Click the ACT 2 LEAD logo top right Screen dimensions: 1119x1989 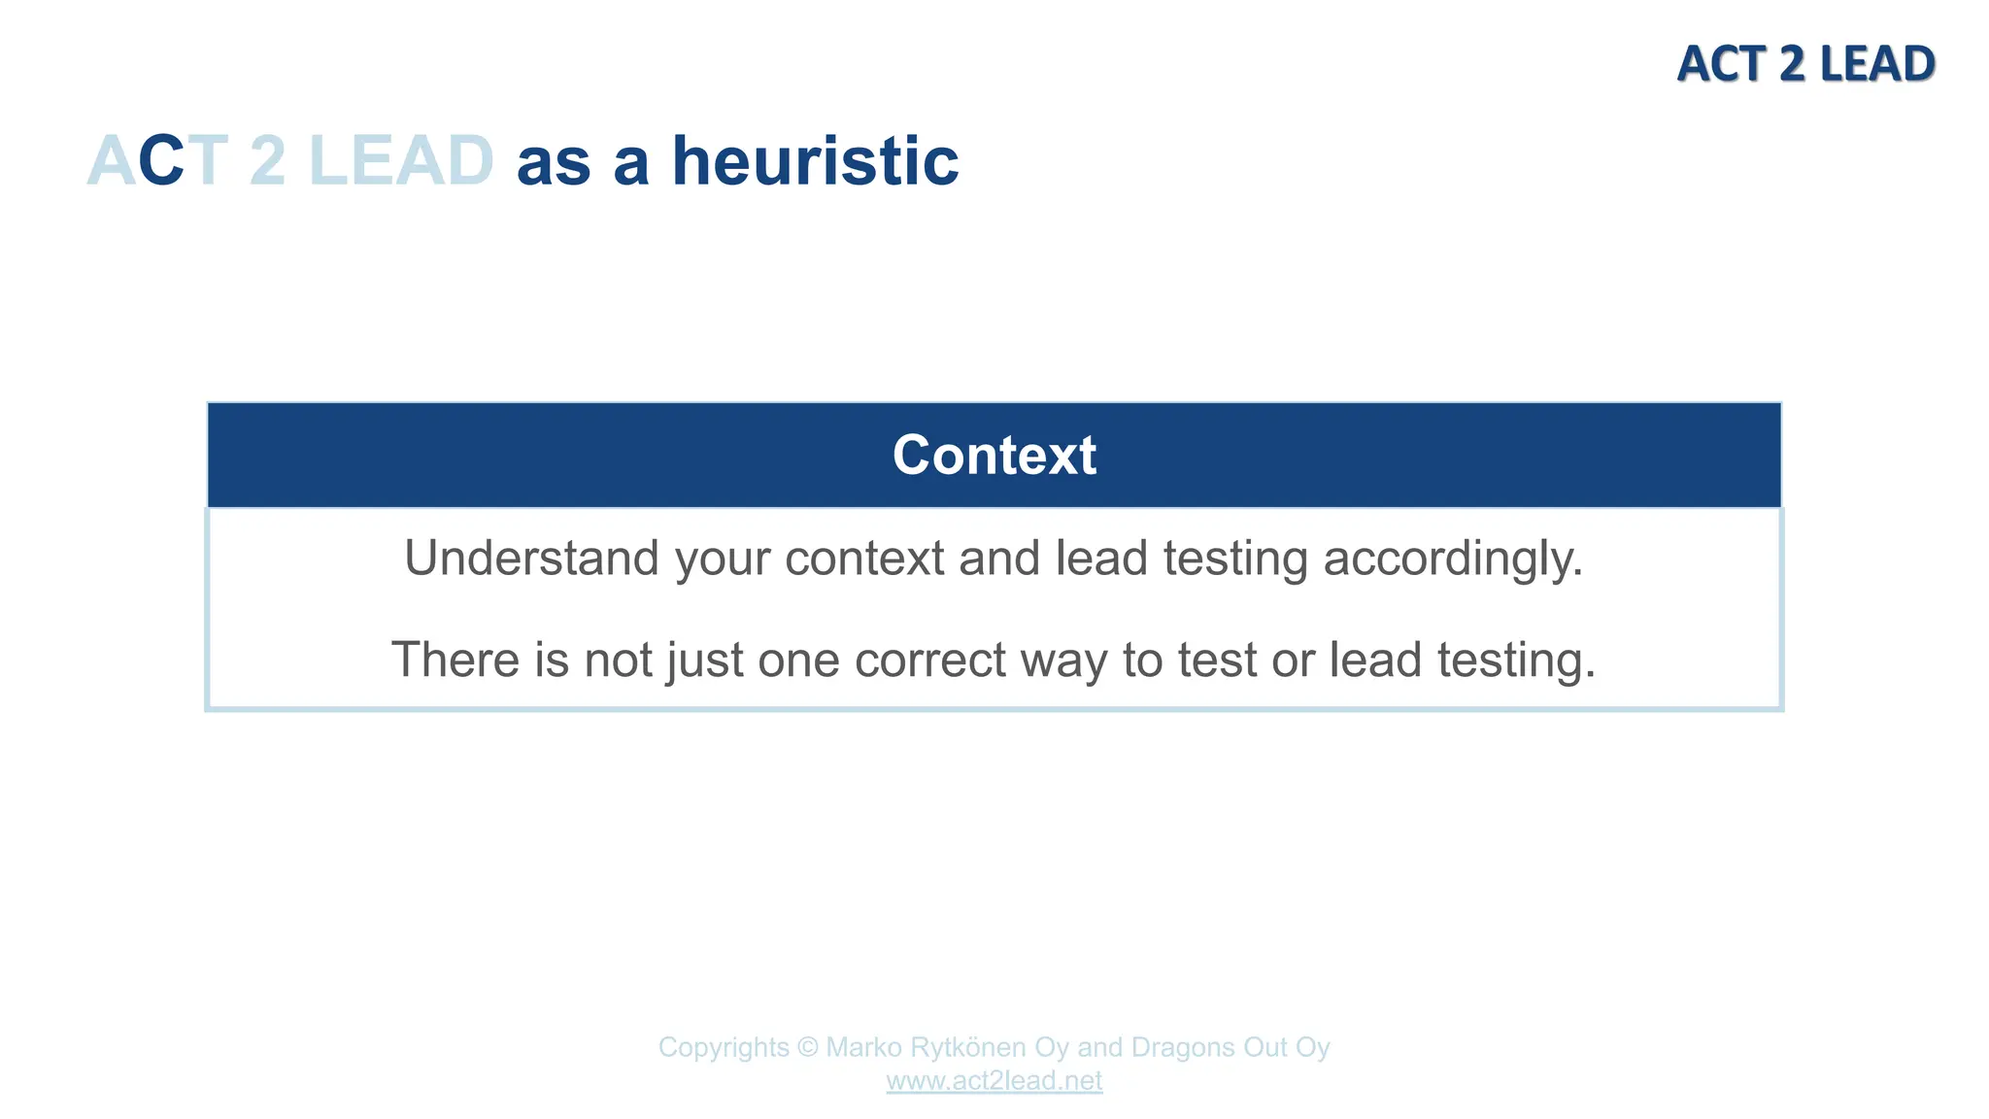pyautogui.click(x=1805, y=64)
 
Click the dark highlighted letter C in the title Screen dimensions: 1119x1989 pyautogui.click(x=161, y=161)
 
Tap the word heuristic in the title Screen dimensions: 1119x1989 pyautogui.click(x=815, y=161)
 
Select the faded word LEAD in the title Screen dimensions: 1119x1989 pyautogui.click(x=401, y=161)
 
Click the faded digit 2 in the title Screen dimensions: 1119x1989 pyautogui.click(x=267, y=161)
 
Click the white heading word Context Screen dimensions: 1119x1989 pyautogui.click(x=994, y=455)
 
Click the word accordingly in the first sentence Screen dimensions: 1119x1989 pyautogui.click(x=1453, y=559)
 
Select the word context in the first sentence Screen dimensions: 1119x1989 pyautogui.click(x=864, y=559)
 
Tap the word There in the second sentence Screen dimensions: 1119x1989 pyautogui.click(x=455, y=661)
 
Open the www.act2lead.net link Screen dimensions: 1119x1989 pyautogui.click(x=994, y=1081)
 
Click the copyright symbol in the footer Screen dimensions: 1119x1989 pyautogui.click(x=807, y=1048)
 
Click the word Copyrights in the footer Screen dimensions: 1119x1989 pyautogui.click(x=724, y=1048)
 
